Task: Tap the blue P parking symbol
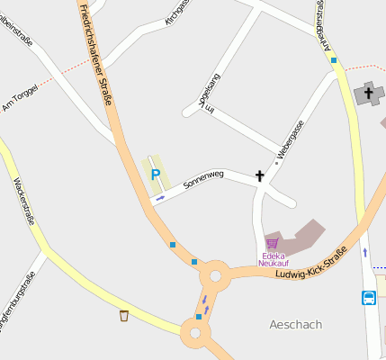tap(155, 175)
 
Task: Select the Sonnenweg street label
tap(202, 179)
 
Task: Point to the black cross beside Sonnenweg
tap(260, 176)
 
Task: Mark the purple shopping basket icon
tap(272, 243)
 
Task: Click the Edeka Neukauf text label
tap(272, 259)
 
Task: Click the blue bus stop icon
tap(369, 297)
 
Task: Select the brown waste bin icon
tap(123, 315)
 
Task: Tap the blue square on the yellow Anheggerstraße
tap(333, 60)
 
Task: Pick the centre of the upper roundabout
tap(216, 275)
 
